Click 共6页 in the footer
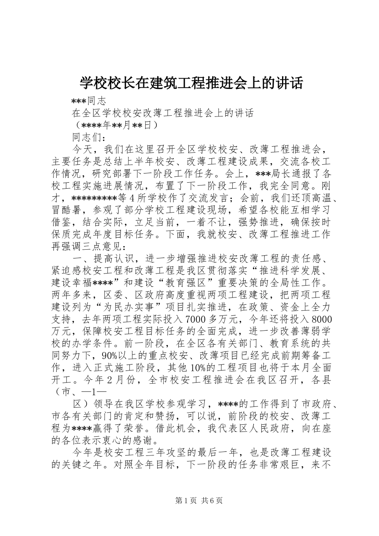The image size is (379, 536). point(212,501)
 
